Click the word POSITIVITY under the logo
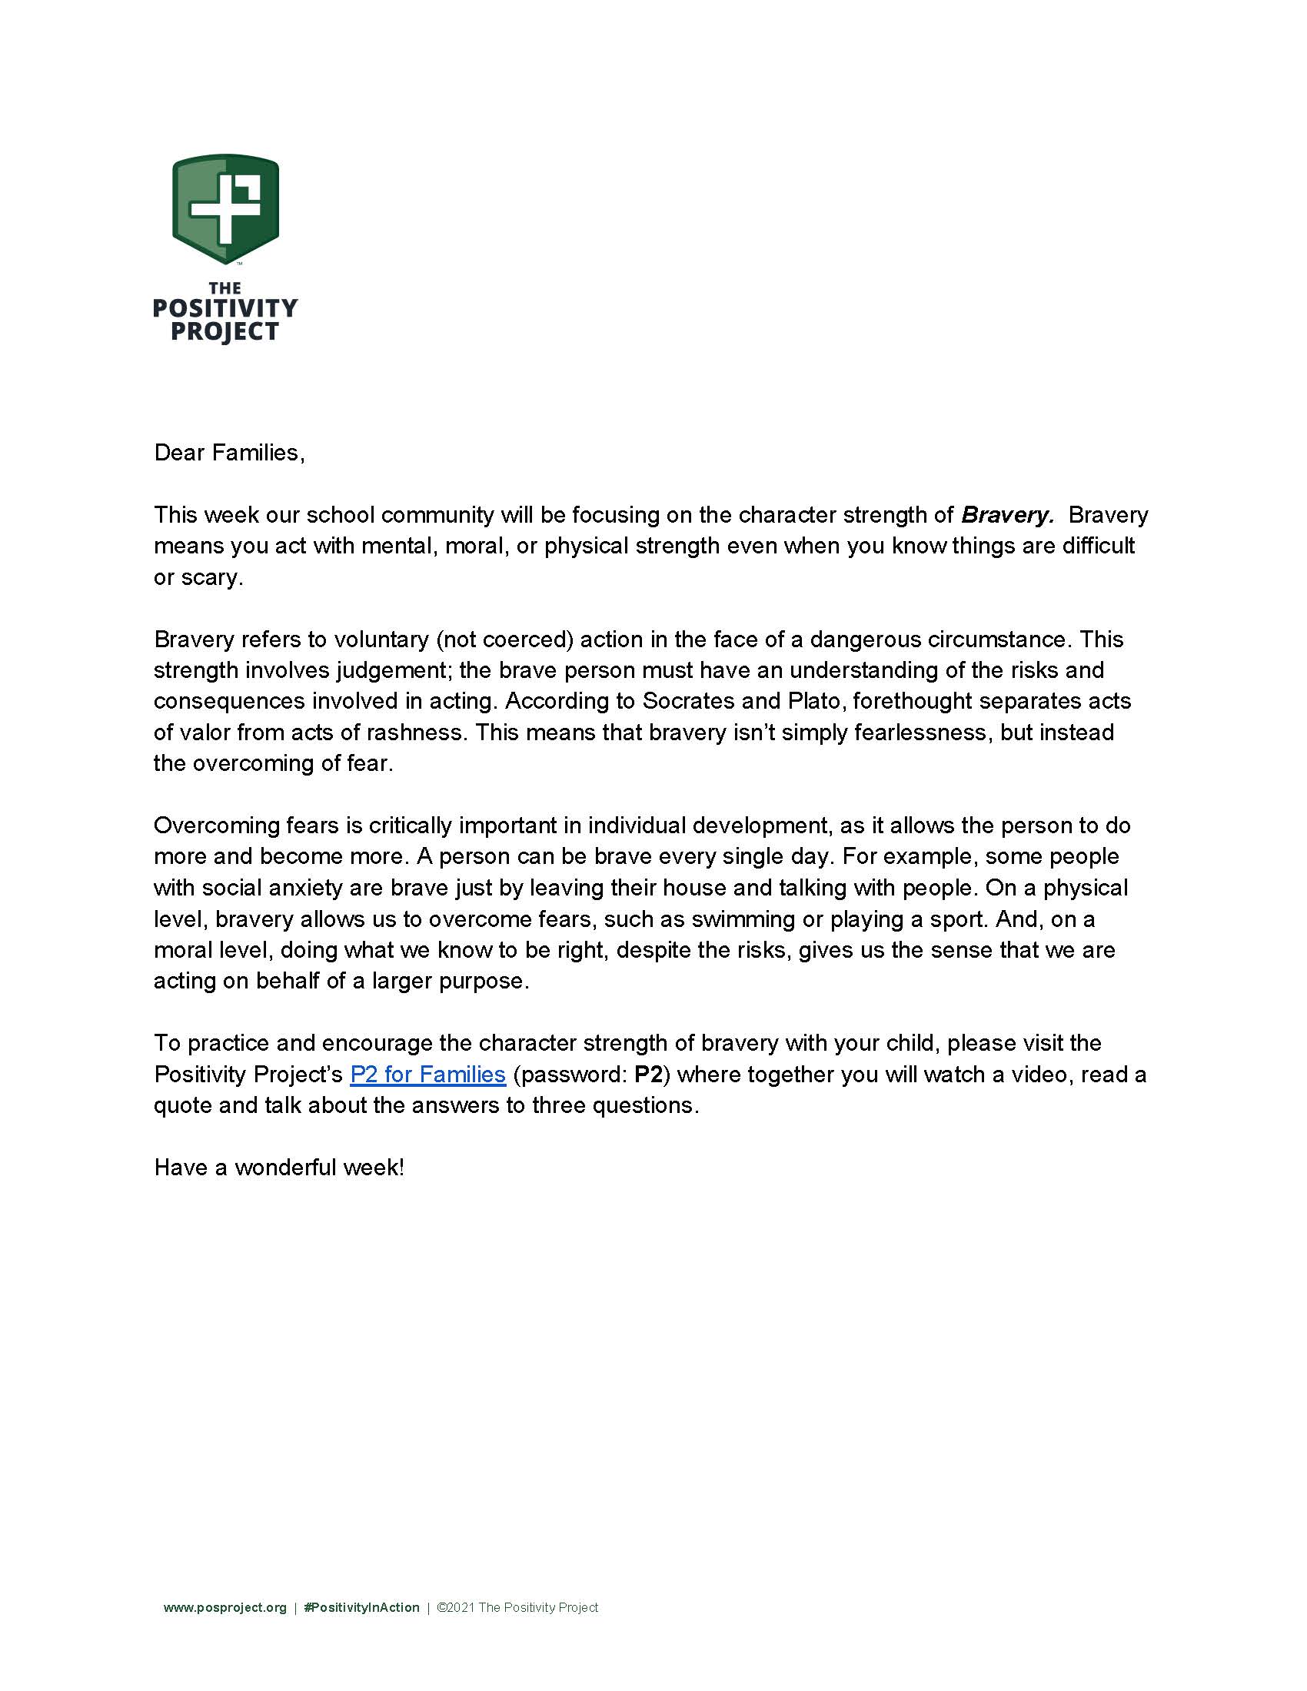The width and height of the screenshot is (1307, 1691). [225, 309]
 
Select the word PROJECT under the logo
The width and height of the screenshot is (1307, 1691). [225, 332]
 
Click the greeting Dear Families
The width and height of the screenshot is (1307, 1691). [229, 453]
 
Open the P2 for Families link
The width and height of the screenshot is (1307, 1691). [427, 1075]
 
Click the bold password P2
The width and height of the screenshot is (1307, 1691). [648, 1075]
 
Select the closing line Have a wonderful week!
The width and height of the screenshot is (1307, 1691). [279, 1168]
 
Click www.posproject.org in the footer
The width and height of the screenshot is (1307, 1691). [224, 1608]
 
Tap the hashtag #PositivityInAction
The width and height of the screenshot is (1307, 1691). [361, 1608]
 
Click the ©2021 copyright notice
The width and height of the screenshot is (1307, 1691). [517, 1608]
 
